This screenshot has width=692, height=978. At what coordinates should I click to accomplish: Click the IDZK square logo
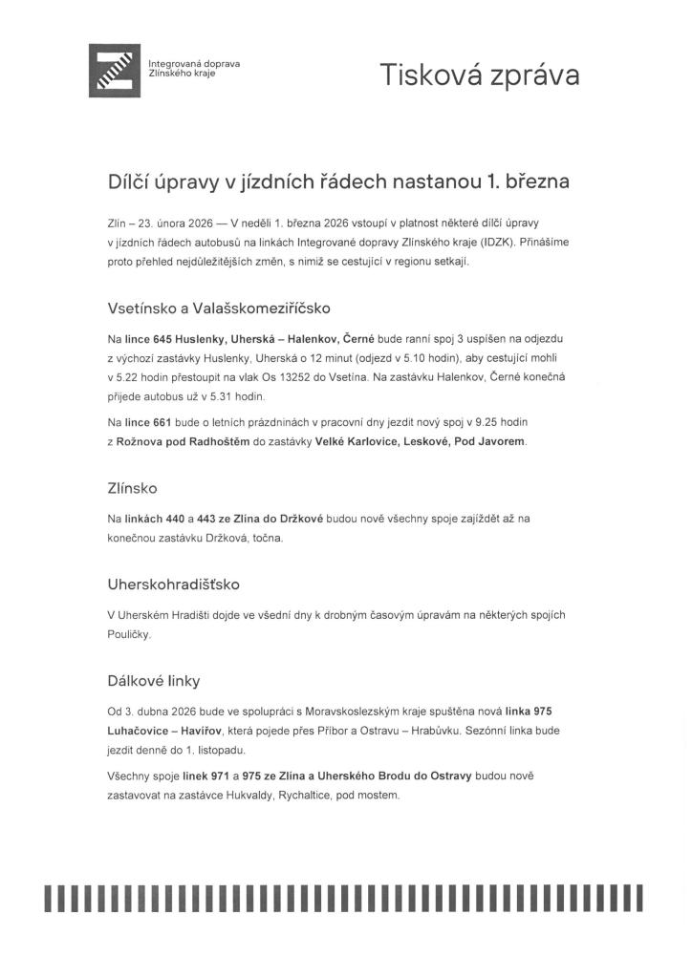[116, 70]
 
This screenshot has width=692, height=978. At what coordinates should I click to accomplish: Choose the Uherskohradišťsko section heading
[174, 582]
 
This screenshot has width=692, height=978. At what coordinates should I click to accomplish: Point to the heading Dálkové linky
[153, 681]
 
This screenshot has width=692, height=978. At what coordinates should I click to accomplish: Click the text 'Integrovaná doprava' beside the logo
[194, 64]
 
